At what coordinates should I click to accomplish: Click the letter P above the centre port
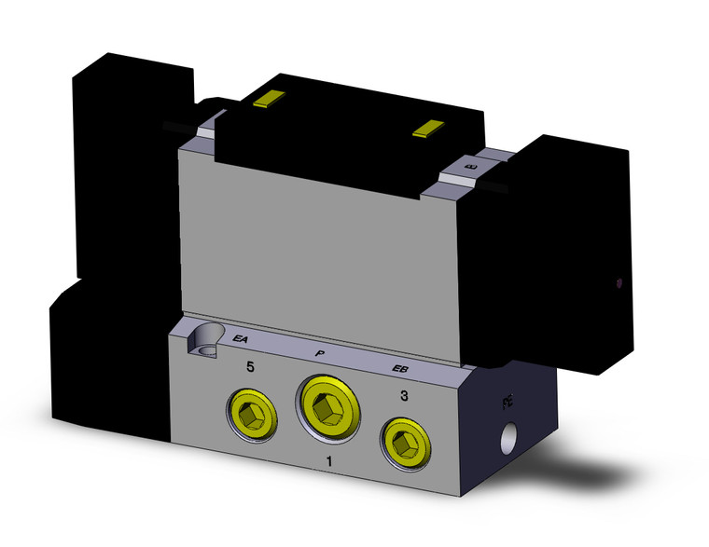(319, 354)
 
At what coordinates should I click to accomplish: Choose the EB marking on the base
(400, 373)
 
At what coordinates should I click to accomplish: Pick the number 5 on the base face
(250, 367)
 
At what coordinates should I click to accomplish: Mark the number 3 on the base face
(404, 396)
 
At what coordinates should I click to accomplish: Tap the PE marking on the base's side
(508, 403)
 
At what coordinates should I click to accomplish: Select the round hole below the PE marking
(509, 435)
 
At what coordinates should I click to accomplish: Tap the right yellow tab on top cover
(430, 129)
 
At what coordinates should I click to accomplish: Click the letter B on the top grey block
(468, 167)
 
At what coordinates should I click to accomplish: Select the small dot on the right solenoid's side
(620, 279)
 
